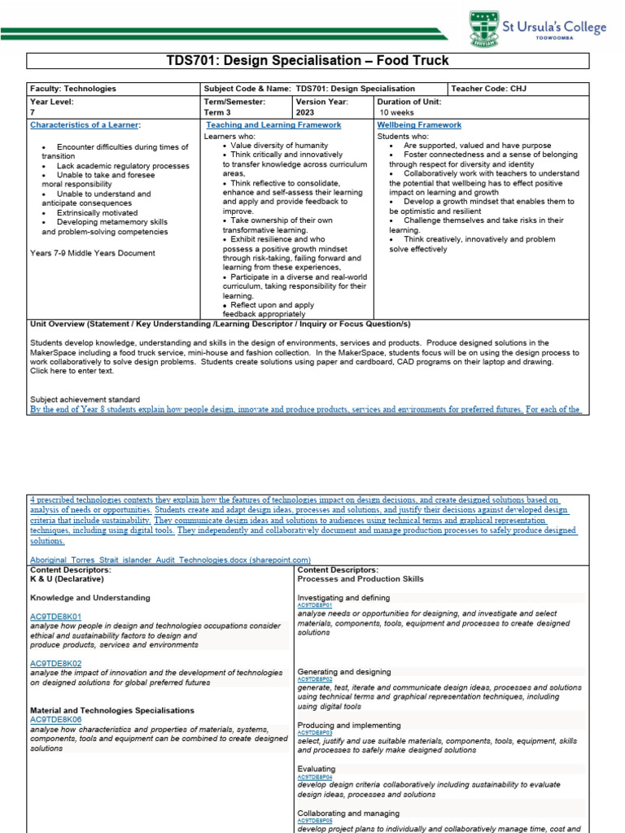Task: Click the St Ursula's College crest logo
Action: pos(480,29)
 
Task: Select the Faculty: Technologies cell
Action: pos(73,89)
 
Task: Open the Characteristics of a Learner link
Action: pos(85,125)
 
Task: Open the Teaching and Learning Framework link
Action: pos(273,125)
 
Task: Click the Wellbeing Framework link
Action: pos(419,125)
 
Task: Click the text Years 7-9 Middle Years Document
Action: pos(92,253)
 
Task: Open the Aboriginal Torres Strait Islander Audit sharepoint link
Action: pos(170,560)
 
